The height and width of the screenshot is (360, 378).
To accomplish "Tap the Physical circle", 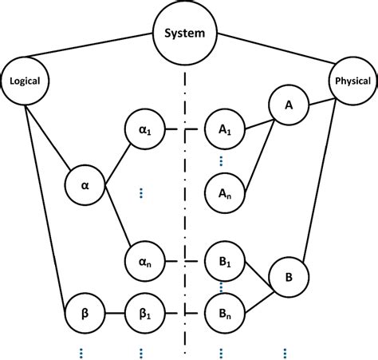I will tap(350, 80).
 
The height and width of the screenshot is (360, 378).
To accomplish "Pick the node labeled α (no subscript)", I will tap(85, 184).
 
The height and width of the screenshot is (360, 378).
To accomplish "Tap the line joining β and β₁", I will tap(113, 308).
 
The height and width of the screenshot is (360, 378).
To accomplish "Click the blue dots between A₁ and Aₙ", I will tap(222, 160).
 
